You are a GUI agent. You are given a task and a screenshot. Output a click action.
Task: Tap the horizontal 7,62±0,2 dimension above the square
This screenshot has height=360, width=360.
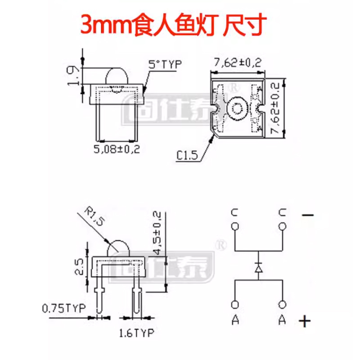238,63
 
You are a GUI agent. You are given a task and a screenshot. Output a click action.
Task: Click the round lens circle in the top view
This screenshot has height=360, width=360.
236,108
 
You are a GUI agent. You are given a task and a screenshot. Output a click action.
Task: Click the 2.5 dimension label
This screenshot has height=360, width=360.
80,266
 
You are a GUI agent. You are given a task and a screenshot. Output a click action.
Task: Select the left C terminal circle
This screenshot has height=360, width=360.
234,227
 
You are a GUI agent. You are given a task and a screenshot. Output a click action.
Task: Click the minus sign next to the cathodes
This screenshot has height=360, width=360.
308,216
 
